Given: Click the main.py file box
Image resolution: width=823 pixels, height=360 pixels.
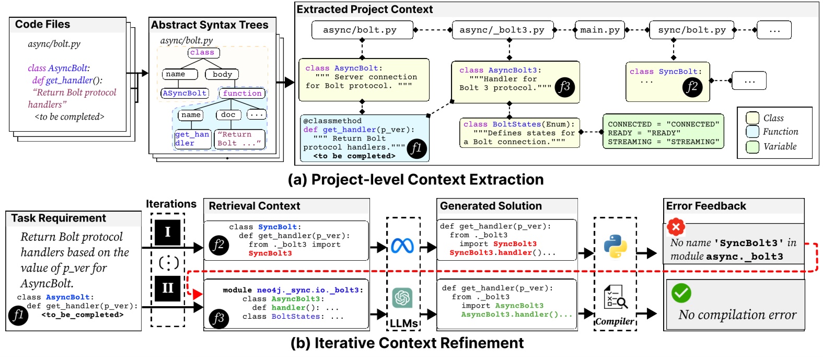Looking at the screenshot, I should tap(600, 30).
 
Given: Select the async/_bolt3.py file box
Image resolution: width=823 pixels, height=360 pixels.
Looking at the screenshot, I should tap(502, 30).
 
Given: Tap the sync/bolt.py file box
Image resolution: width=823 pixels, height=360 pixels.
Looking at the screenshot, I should tap(691, 30).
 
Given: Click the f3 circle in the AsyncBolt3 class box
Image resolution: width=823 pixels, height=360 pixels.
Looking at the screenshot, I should tap(564, 87).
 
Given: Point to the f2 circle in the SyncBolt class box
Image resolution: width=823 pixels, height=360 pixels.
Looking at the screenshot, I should tap(692, 87).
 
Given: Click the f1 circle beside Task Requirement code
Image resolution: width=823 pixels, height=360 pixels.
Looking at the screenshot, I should tap(18, 315).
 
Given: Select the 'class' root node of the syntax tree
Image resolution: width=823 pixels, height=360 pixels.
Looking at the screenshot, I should tap(203, 53).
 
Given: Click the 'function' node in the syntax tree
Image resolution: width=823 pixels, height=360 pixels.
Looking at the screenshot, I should tap(242, 94).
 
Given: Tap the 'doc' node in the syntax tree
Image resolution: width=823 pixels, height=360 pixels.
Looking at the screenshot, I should tap(228, 115).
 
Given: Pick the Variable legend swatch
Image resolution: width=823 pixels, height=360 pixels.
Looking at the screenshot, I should tap(752, 147).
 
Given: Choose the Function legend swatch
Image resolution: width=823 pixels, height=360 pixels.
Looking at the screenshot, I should tap(752, 132).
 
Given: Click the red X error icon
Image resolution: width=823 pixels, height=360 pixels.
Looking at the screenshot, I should tap(676, 227).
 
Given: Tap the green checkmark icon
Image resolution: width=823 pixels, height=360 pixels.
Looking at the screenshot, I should tap(681, 293).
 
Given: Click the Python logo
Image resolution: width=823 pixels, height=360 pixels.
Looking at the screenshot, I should tap(615, 246).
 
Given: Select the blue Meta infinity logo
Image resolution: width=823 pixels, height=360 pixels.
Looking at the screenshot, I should tap(402, 246).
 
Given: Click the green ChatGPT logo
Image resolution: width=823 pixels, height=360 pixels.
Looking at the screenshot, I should tap(402, 298).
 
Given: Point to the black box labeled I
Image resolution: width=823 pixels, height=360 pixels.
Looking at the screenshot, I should tap(168, 232).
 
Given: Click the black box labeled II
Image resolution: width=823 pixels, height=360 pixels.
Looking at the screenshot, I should tap(168, 288).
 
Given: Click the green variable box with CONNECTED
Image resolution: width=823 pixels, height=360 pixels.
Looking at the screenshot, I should tap(663, 133).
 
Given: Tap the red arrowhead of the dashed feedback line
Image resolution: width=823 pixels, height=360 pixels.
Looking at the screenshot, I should tap(198, 295).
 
